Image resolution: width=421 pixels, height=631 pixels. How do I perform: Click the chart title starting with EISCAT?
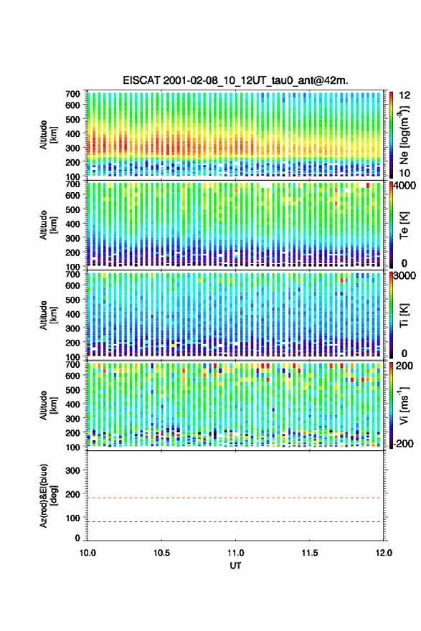pyautogui.click(x=235, y=80)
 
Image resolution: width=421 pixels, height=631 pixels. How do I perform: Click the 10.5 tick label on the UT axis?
pyautogui.click(x=161, y=553)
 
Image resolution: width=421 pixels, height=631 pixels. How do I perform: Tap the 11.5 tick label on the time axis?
pyautogui.click(x=309, y=553)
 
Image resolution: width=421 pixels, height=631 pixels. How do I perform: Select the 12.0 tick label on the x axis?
pyautogui.click(x=384, y=553)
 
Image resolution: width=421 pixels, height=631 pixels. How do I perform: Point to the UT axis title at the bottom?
pyautogui.click(x=235, y=566)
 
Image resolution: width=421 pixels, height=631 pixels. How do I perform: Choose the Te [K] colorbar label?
pyautogui.click(x=404, y=225)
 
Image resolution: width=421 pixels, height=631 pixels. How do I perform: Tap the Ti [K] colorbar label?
pyautogui.click(x=404, y=315)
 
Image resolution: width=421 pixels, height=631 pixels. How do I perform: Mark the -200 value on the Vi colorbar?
pyautogui.click(x=404, y=444)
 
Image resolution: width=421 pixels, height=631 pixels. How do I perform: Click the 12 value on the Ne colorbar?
pyautogui.click(x=405, y=95)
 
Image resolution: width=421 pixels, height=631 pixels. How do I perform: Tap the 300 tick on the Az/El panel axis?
pyautogui.click(x=73, y=470)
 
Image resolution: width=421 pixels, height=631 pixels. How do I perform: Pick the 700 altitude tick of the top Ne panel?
pyautogui.click(x=73, y=94)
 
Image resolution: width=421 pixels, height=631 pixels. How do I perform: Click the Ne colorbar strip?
pyautogui.click(x=391, y=135)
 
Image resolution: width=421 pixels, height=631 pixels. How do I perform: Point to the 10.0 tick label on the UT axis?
pyautogui.click(x=87, y=553)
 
